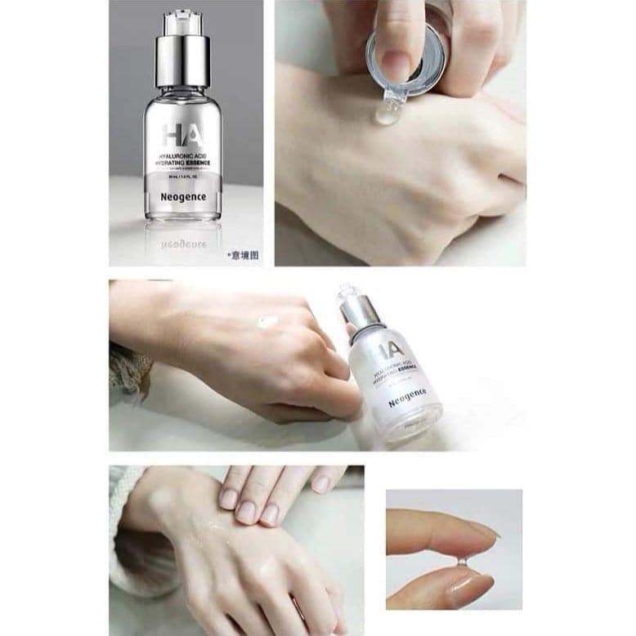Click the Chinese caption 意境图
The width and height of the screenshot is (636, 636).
[243, 256]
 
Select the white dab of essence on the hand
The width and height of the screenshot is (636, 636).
[268, 322]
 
